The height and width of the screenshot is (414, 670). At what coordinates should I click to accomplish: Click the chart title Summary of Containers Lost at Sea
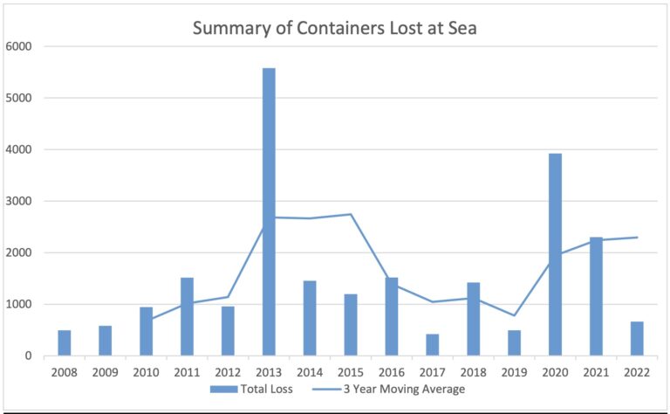[x=334, y=28]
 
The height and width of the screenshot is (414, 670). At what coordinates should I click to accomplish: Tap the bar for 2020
[x=555, y=254]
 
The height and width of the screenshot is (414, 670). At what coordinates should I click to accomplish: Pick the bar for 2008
[x=65, y=343]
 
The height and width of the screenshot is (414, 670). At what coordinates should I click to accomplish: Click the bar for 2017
[x=432, y=345]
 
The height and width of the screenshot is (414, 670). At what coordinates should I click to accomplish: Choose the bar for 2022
[x=637, y=339]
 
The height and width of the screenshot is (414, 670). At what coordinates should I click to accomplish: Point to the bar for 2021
[x=596, y=296]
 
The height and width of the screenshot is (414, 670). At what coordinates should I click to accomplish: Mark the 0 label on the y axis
[x=28, y=356]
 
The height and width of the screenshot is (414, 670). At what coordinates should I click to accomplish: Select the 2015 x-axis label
[x=350, y=371]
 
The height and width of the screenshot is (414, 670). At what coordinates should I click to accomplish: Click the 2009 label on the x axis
[x=105, y=371]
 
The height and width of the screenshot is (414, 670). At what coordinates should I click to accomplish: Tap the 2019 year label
[x=514, y=371]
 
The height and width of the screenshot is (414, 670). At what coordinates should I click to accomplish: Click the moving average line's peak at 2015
[x=350, y=214]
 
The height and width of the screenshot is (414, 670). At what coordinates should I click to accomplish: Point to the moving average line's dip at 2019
[x=514, y=315]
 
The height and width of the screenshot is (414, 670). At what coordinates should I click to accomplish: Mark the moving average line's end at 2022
[x=637, y=238]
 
